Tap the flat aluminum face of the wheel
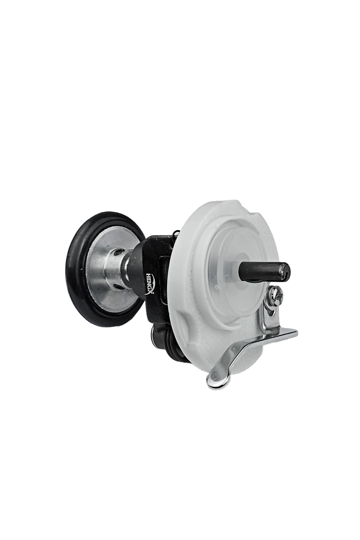pyautogui.click(x=95, y=285)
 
